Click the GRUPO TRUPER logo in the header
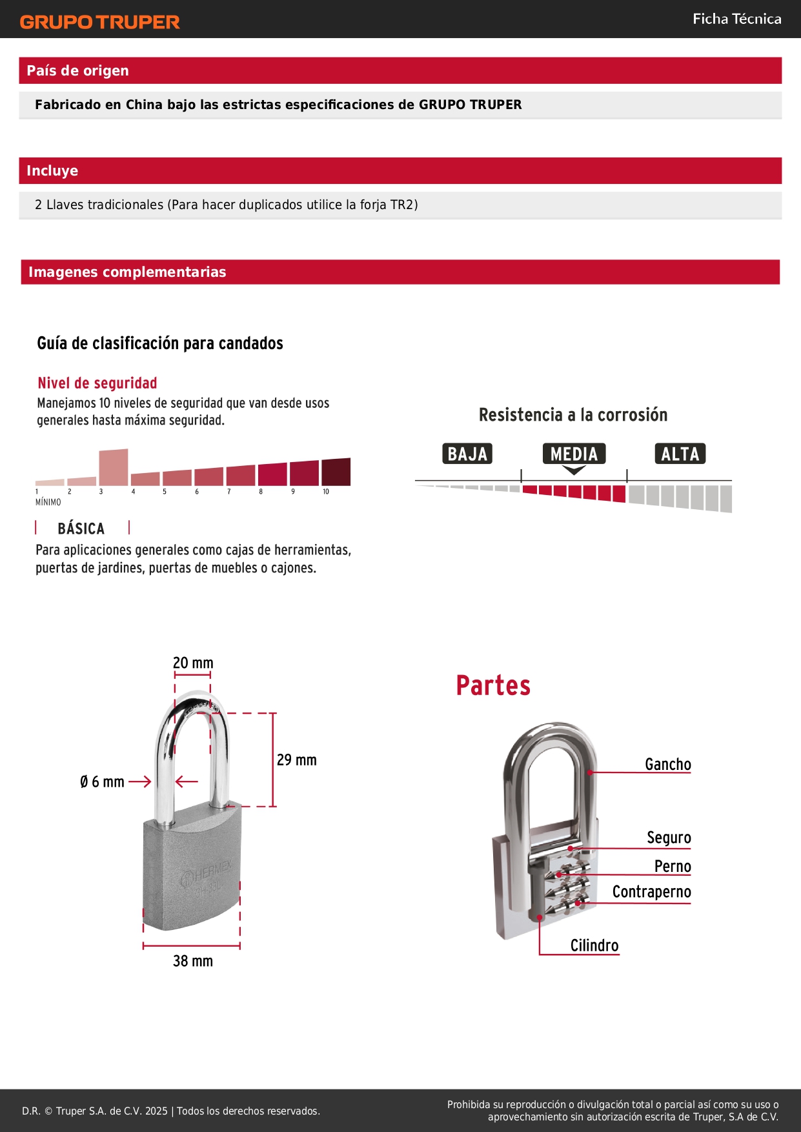pos(99,22)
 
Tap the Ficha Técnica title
pos(736,19)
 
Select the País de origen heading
pos(77,71)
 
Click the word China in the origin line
pos(144,105)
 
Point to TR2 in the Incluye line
pos(403,205)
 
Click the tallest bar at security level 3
pos(114,467)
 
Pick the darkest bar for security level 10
pos(336,472)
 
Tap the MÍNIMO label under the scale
pos(48,502)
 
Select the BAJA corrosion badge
pos(467,454)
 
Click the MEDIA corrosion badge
pos(574,454)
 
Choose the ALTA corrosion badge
pos(680,454)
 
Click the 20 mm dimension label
pos(193,663)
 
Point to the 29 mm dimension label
pos(297,760)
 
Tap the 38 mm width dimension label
pos(193,961)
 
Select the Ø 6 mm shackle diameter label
pos(102,782)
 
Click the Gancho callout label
pos(668,764)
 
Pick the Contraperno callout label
pos(651,892)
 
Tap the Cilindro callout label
pos(594,945)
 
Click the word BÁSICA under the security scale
pos(81,529)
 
